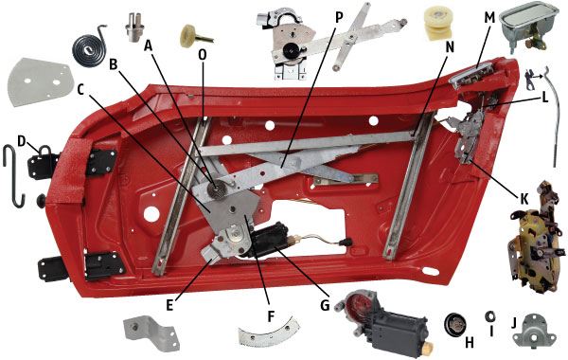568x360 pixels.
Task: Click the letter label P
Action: click(x=338, y=17)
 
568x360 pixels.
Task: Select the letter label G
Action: click(x=325, y=305)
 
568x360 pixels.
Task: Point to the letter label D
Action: click(x=22, y=141)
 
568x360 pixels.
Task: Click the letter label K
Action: click(x=524, y=198)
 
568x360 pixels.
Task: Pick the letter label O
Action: click(x=203, y=54)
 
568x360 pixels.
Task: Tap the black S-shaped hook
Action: click(x=13, y=176)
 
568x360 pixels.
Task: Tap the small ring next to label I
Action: click(x=490, y=316)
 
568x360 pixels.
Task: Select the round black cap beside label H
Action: click(x=455, y=324)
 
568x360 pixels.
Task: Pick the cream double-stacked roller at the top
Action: click(x=438, y=23)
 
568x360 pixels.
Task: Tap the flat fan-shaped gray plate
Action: click(x=39, y=82)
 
